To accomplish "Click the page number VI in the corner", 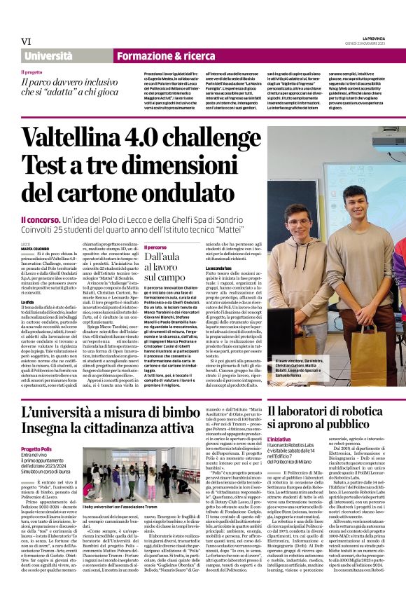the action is (27, 41).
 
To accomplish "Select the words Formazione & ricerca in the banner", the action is (156, 55).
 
